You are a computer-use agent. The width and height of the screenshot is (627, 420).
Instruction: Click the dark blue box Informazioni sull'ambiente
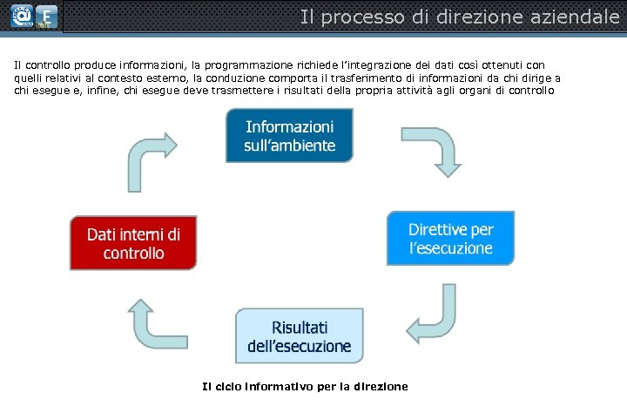(289, 135)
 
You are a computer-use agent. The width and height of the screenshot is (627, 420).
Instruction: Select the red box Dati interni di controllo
(133, 243)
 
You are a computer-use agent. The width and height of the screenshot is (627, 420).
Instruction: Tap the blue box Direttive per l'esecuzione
(450, 238)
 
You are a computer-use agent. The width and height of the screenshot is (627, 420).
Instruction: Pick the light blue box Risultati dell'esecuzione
(300, 336)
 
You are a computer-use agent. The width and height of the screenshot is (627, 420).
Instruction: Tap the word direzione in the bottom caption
(380, 386)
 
